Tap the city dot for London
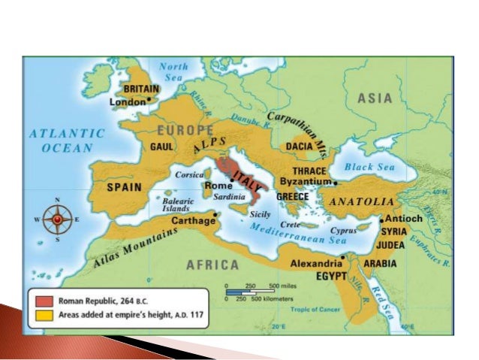pos(149,99)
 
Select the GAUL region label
pos(163,146)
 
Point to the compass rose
pos(57,219)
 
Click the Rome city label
pos(218,186)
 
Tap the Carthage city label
pos(193,222)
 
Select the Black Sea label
pos(364,167)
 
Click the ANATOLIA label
pos(362,202)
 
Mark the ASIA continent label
pos(375,98)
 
